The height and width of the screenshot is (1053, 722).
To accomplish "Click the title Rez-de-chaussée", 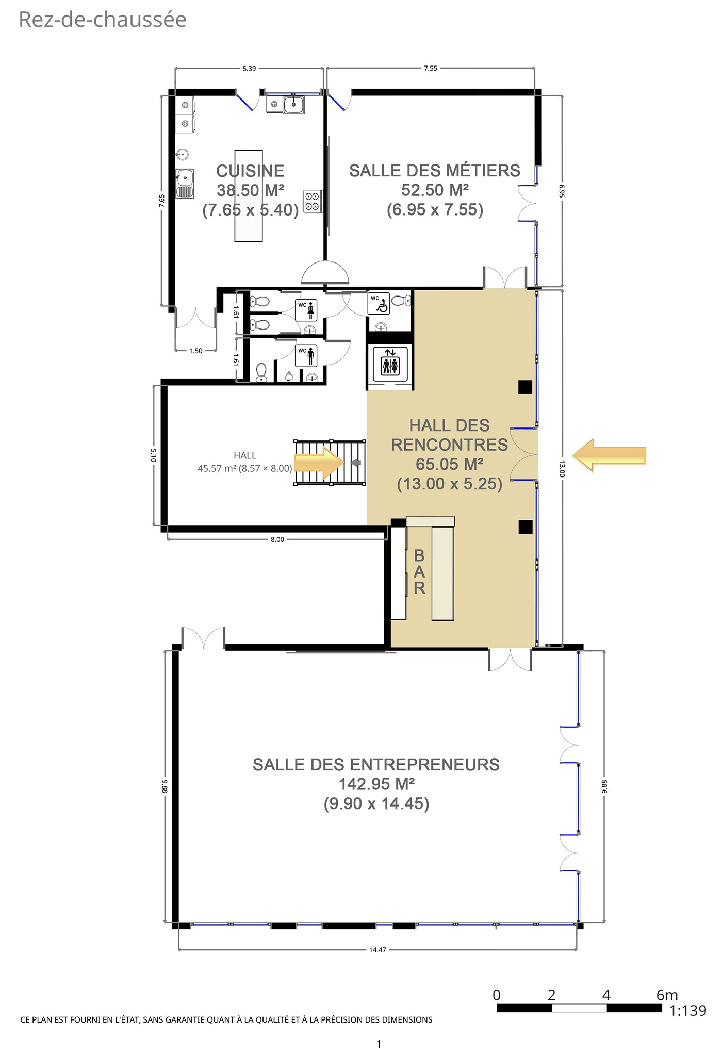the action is coord(103,20).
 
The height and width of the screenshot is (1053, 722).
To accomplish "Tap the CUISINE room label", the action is coord(250,171).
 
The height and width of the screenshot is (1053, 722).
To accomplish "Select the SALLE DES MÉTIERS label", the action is coord(435,171).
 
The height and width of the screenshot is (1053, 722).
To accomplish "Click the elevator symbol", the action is coord(390,361).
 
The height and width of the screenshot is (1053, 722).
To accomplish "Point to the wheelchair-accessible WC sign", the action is coord(379,304).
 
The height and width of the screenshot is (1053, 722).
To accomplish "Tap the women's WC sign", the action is coord(306,310).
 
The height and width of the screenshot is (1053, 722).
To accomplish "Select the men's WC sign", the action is coord(306,356).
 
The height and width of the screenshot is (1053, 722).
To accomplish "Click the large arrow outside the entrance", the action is coord(609,455).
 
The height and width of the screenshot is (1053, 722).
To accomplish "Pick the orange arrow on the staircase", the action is coord(319,463).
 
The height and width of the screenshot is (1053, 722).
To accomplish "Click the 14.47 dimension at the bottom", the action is coord(378,950).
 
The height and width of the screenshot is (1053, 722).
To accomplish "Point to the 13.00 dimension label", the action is coord(562,469).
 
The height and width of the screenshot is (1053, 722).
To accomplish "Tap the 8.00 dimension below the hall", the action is coord(277,539).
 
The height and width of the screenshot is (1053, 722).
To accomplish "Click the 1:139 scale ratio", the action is coord(687,1011).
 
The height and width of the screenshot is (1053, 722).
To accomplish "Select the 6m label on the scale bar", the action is coord(667,995).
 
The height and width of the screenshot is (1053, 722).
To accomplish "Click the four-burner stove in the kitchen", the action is coord(312,201).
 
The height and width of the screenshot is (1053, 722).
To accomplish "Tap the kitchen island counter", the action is coord(249,195).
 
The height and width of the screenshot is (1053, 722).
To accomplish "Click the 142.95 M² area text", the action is coord(376,784).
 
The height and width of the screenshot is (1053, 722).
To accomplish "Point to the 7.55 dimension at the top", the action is coord(431,68).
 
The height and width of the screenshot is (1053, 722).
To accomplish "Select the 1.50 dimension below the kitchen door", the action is coord(196,351).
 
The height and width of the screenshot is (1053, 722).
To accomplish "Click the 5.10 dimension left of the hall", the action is coord(154,455).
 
